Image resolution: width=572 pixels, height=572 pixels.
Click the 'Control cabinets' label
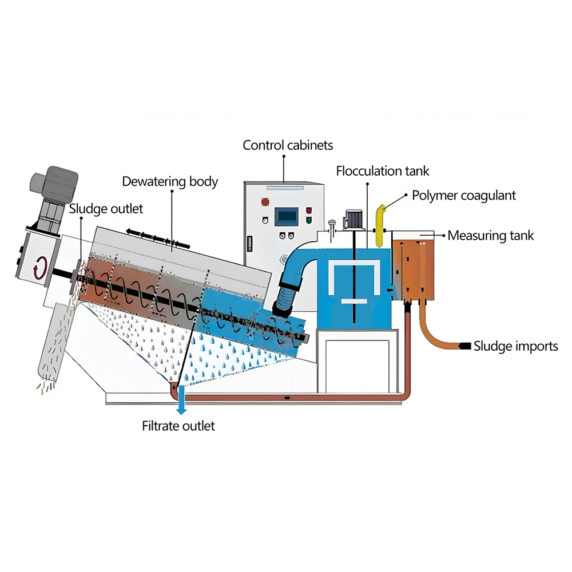[x=288, y=145]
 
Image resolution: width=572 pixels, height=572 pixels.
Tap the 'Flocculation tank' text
[x=382, y=170]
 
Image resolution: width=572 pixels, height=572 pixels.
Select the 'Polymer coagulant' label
[x=464, y=196]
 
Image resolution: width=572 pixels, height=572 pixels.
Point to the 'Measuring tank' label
[x=490, y=236]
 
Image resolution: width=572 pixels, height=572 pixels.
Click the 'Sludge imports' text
[x=516, y=346]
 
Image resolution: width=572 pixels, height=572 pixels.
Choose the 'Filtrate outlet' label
[x=178, y=426]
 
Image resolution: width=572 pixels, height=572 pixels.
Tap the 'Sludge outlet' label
[x=106, y=209]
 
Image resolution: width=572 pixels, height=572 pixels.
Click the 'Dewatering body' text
[x=170, y=182]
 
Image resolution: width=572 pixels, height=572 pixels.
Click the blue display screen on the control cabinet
[x=287, y=217]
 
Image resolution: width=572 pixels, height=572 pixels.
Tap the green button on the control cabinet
[x=309, y=220]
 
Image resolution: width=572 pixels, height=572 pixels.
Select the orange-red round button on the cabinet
[x=265, y=201]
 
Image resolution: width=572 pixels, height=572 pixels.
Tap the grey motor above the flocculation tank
[x=353, y=219]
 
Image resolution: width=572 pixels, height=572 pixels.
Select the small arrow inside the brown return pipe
[x=288, y=398]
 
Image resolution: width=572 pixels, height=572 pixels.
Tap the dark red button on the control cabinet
[x=309, y=210]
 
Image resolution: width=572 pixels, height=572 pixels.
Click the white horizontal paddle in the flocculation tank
[x=354, y=301]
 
